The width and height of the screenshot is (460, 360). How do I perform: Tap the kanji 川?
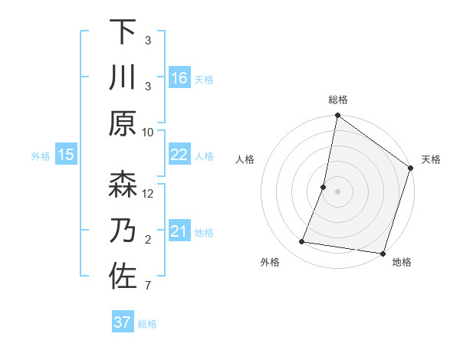[x=123, y=77]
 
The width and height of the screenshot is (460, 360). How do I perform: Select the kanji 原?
[x=123, y=123]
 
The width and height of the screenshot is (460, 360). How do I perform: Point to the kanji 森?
[x=123, y=185]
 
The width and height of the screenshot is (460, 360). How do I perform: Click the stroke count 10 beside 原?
[x=148, y=132]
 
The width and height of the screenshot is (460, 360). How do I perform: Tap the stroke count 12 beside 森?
[x=148, y=193]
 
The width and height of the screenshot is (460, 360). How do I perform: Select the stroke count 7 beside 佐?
[x=148, y=286]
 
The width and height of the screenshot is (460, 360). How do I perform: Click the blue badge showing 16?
[x=179, y=78]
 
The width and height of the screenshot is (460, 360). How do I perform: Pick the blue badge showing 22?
[x=179, y=155]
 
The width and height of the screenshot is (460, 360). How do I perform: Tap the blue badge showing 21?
[x=179, y=231]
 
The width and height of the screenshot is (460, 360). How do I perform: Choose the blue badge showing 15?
[x=65, y=155]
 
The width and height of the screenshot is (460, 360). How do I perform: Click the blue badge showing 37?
[x=122, y=322]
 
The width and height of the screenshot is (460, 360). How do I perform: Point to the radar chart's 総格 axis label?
[x=338, y=100]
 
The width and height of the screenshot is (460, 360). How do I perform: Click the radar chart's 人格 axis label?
[x=245, y=159]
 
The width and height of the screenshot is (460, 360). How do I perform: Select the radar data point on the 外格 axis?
[x=302, y=242]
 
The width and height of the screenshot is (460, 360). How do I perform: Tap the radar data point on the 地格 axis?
[x=382, y=253]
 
